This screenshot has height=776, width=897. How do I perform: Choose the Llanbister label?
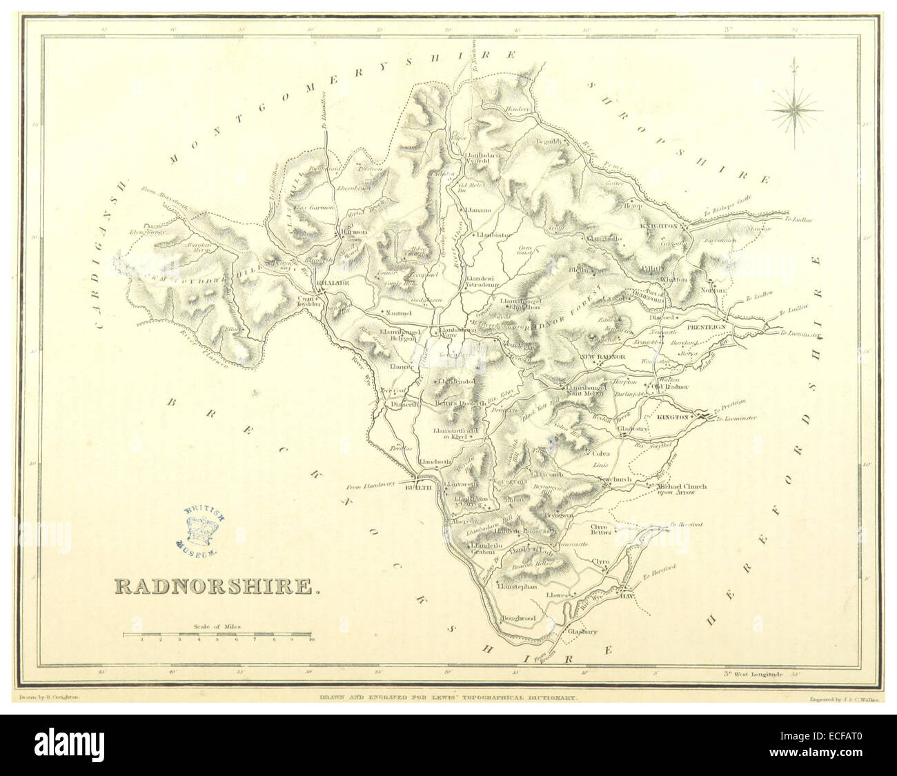pos(494,235)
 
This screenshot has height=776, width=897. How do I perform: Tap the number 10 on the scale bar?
pos(311,640)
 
